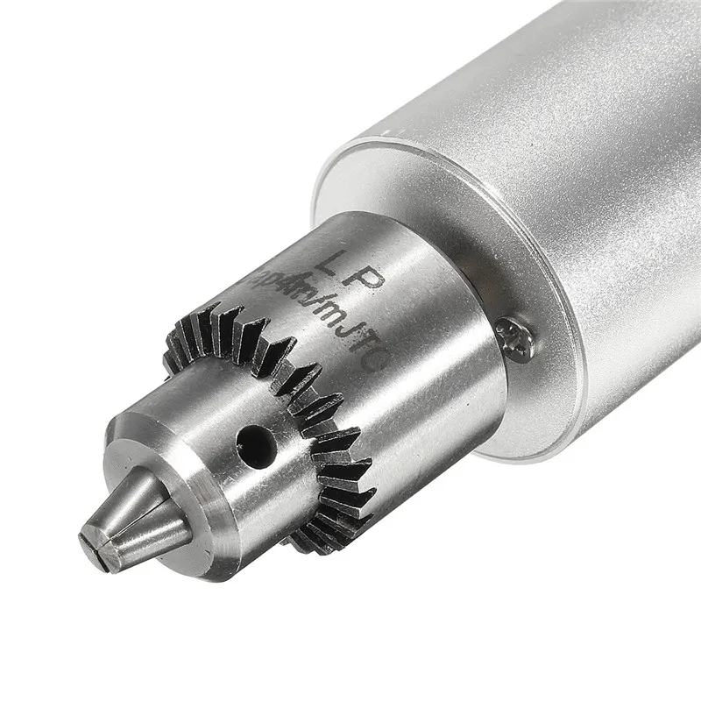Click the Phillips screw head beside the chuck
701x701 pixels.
(x=513, y=337)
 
